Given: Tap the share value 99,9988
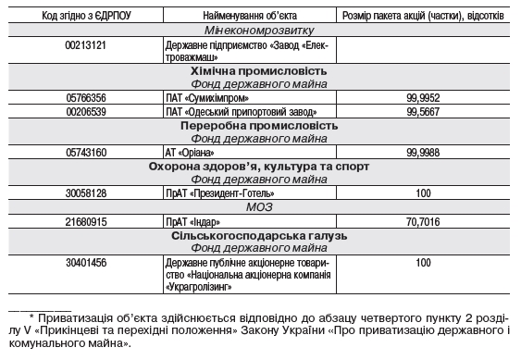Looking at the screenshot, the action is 424,152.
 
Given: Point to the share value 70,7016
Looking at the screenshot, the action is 424,222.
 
